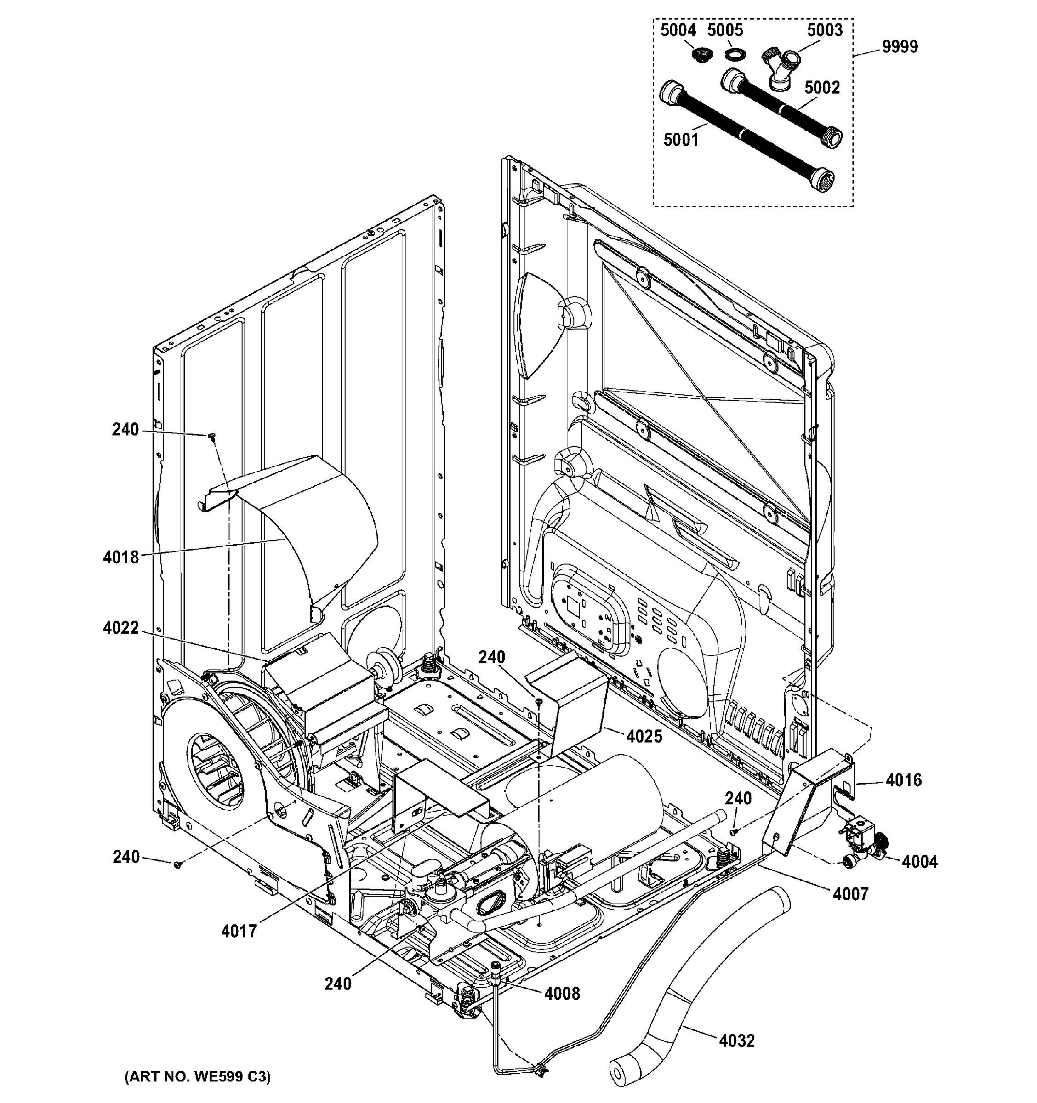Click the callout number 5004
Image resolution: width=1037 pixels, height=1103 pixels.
point(678,30)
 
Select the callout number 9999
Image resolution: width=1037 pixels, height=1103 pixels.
point(900,46)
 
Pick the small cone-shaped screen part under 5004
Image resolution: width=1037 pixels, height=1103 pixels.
point(702,54)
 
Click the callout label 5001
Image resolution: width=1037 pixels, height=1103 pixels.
point(681,140)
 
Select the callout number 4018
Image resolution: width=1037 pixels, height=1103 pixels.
point(120,557)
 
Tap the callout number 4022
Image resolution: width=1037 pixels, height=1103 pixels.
point(120,628)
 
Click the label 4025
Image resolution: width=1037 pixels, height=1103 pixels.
point(644,736)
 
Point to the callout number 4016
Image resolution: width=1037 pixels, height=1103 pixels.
point(903,780)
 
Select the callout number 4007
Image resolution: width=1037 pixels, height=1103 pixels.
point(850,894)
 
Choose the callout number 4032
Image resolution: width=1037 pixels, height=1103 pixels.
point(737,1040)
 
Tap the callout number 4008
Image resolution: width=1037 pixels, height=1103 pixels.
point(562,993)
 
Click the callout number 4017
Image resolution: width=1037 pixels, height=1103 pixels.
point(239,931)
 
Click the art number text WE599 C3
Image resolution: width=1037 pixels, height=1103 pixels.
point(198,1077)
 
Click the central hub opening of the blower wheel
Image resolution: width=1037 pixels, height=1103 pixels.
point(215,770)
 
